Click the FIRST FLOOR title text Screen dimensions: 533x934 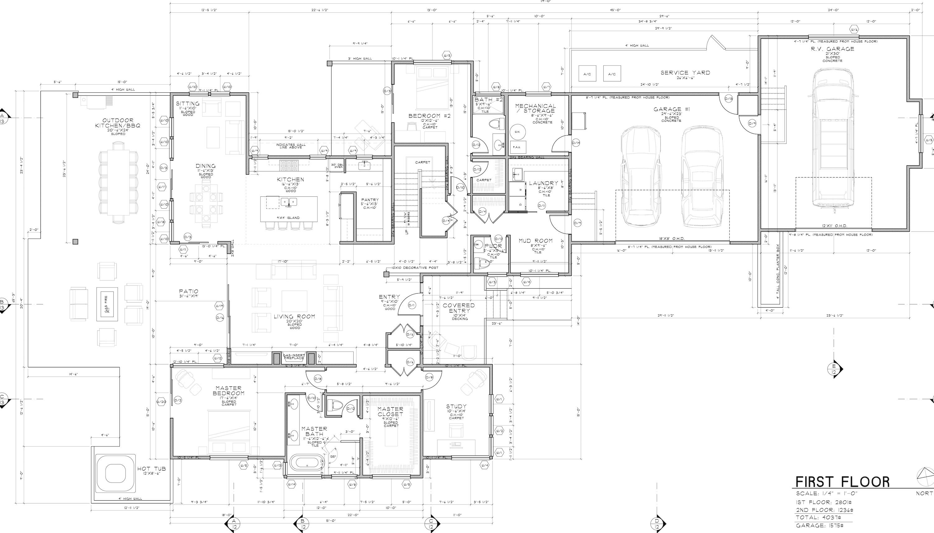[842, 482]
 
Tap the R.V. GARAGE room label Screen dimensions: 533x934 [832, 49]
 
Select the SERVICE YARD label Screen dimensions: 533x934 [685, 73]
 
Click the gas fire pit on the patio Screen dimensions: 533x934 [107, 304]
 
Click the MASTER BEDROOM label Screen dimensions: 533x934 [229, 391]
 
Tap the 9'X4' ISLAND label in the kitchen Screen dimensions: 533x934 [288, 218]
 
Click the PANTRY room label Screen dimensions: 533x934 [370, 200]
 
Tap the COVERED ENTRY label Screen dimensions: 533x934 [459, 308]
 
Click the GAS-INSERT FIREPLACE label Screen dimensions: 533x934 [294, 356]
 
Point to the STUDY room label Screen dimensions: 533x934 [456, 406]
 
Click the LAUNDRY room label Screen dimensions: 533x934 [544, 183]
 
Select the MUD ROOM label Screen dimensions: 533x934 [535, 241]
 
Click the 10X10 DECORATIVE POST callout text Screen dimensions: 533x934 [415, 268]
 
